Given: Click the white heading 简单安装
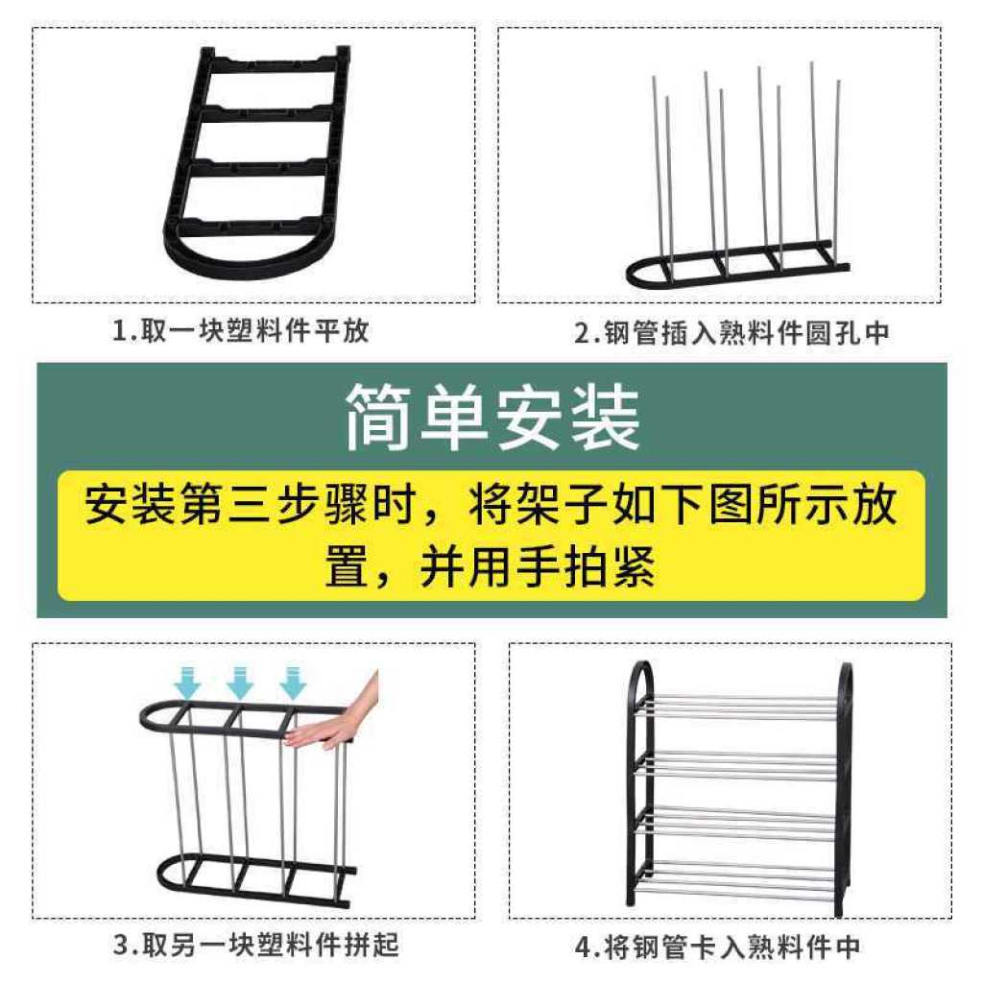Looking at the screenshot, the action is [x=492, y=417].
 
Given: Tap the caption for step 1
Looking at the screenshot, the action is [x=241, y=330].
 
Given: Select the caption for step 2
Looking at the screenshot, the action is [x=731, y=332].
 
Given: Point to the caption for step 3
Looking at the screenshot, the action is [x=255, y=945].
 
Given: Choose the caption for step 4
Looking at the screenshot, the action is [x=717, y=947].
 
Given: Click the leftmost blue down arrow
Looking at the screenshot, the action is [x=187, y=683].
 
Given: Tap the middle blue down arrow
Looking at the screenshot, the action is [x=239, y=683].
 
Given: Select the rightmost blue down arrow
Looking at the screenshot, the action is [x=292, y=683].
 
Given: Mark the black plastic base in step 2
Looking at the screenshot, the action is [x=737, y=263].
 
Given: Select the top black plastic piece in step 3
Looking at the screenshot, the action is [x=245, y=718].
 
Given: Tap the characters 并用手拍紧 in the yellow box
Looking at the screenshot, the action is [x=538, y=567].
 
